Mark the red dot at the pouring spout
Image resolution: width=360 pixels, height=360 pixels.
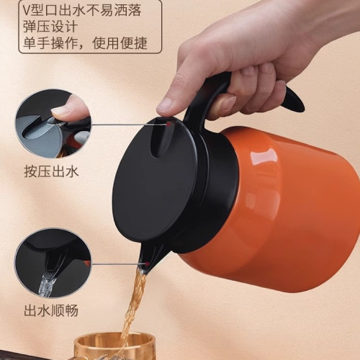[x=147, y=265]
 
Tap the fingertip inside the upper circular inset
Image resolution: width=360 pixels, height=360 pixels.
[x=68, y=108]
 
